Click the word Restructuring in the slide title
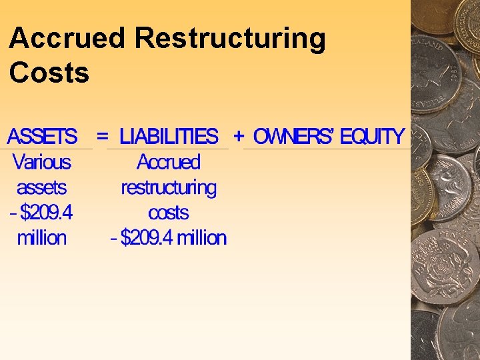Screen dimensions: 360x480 (x=230, y=39)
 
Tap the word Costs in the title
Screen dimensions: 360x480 (x=49, y=73)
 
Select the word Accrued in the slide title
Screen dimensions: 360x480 (x=67, y=39)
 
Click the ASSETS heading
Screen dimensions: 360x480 (x=43, y=137)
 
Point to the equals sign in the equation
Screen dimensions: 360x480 (x=103, y=136)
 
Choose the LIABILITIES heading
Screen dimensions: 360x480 (x=169, y=137)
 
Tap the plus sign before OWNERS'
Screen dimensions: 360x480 (x=239, y=136)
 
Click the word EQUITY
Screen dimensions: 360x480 (x=372, y=137)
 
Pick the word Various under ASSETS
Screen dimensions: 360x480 (x=41, y=162)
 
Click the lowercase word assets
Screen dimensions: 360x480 (x=42, y=187)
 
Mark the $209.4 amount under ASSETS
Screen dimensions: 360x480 (x=47, y=213)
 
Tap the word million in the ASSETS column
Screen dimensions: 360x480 (x=42, y=238)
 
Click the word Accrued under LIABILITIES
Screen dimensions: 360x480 (x=169, y=162)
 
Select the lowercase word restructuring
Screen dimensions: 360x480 (x=169, y=187)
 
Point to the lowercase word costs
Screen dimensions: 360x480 (x=169, y=213)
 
